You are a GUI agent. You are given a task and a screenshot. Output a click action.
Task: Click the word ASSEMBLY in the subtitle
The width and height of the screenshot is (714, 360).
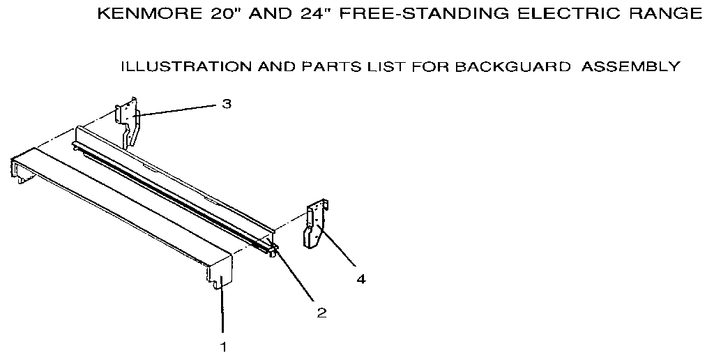(x=630, y=67)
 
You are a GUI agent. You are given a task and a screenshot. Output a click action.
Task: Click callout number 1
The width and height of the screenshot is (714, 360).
(x=223, y=345)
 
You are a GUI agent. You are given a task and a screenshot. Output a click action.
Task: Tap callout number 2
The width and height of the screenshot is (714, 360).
(x=321, y=313)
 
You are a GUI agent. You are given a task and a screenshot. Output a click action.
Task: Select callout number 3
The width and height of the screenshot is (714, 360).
(x=227, y=104)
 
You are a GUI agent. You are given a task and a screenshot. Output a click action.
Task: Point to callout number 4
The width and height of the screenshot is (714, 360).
(x=360, y=279)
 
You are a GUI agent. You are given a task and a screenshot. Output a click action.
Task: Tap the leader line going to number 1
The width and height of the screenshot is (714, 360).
(x=222, y=310)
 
